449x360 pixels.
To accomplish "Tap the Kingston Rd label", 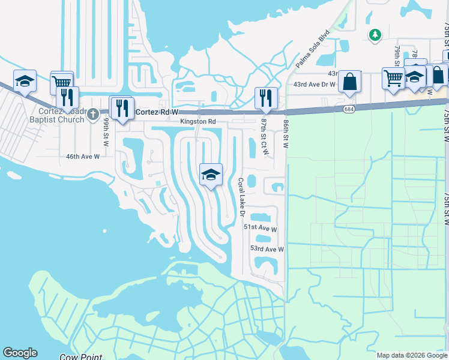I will tap(198, 122).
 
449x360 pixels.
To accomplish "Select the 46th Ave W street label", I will tap(82, 156).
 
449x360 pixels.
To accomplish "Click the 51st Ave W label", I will tap(260, 229).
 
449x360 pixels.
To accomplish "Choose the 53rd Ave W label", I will tap(267, 248).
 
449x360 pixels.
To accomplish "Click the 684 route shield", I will tap(349, 109).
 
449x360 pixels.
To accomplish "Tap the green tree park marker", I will tap(375, 35).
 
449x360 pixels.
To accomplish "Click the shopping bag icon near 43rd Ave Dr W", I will tap(349, 82).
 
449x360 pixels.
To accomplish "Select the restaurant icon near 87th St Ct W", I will tap(265, 98).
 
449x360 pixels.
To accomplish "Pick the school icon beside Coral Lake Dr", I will tap(211, 175).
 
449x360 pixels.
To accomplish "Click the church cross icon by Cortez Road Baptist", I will tap(92, 113).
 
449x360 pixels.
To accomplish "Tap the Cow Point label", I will tap(79, 357).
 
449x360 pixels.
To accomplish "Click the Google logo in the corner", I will tap(20, 353).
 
